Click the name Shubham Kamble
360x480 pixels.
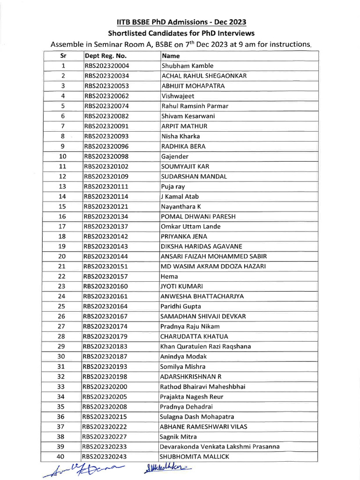point(187,66)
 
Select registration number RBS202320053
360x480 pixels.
point(106,86)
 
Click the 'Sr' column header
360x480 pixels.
point(64,56)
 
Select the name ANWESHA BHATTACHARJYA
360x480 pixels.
point(202,296)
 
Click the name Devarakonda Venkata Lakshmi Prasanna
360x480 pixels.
point(220,446)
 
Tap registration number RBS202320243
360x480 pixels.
point(106,457)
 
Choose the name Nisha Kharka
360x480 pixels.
point(180,136)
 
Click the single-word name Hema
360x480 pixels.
point(169,276)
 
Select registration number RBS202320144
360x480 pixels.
point(106,256)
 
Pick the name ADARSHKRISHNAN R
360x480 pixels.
point(191,376)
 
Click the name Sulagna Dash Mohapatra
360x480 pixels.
point(197,416)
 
